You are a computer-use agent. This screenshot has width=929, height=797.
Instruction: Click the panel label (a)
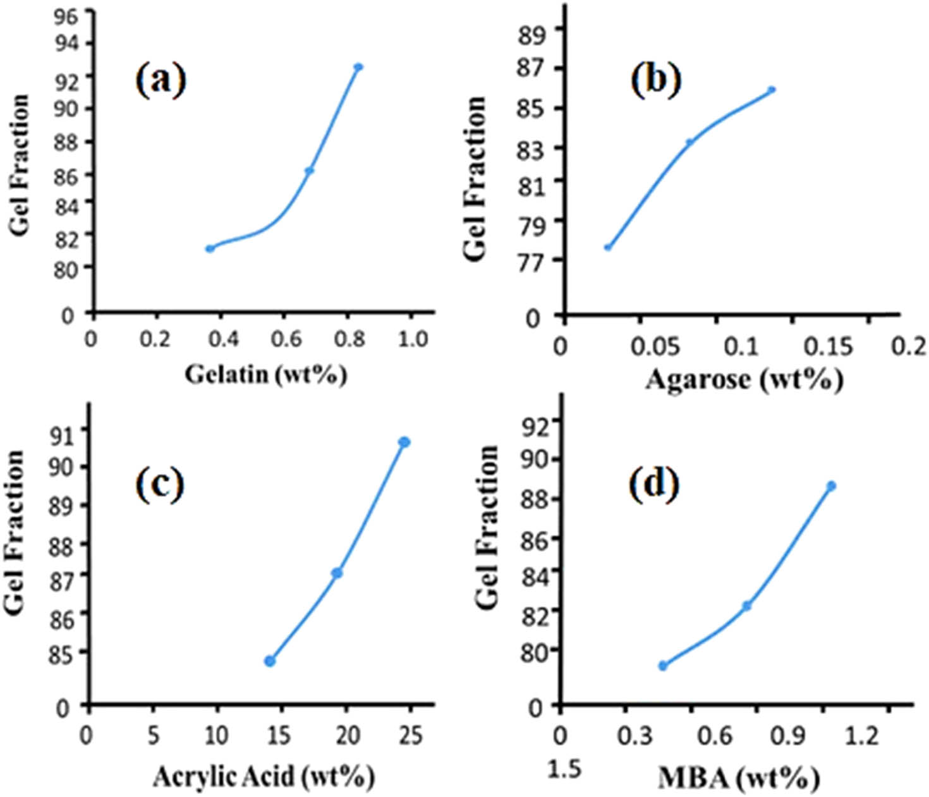point(161,81)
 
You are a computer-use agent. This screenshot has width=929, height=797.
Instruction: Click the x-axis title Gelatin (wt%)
point(265,375)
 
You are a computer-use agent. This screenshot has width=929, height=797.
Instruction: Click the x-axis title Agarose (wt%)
point(744,379)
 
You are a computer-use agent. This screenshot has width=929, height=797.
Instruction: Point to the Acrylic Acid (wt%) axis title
point(264,776)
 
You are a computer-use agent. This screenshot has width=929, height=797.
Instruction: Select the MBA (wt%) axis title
point(738,777)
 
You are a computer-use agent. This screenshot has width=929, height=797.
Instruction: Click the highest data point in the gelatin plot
point(358,67)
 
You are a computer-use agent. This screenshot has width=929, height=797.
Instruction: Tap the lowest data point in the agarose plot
point(608,247)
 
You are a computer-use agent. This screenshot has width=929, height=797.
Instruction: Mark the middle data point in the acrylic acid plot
point(337,573)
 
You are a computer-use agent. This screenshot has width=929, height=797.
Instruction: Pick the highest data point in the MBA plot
point(831,485)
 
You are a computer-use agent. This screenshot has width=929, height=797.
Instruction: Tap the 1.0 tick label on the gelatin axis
point(413,339)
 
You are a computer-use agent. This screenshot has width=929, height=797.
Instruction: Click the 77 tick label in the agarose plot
point(530,262)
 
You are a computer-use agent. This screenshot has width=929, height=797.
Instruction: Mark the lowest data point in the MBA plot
point(662,666)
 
